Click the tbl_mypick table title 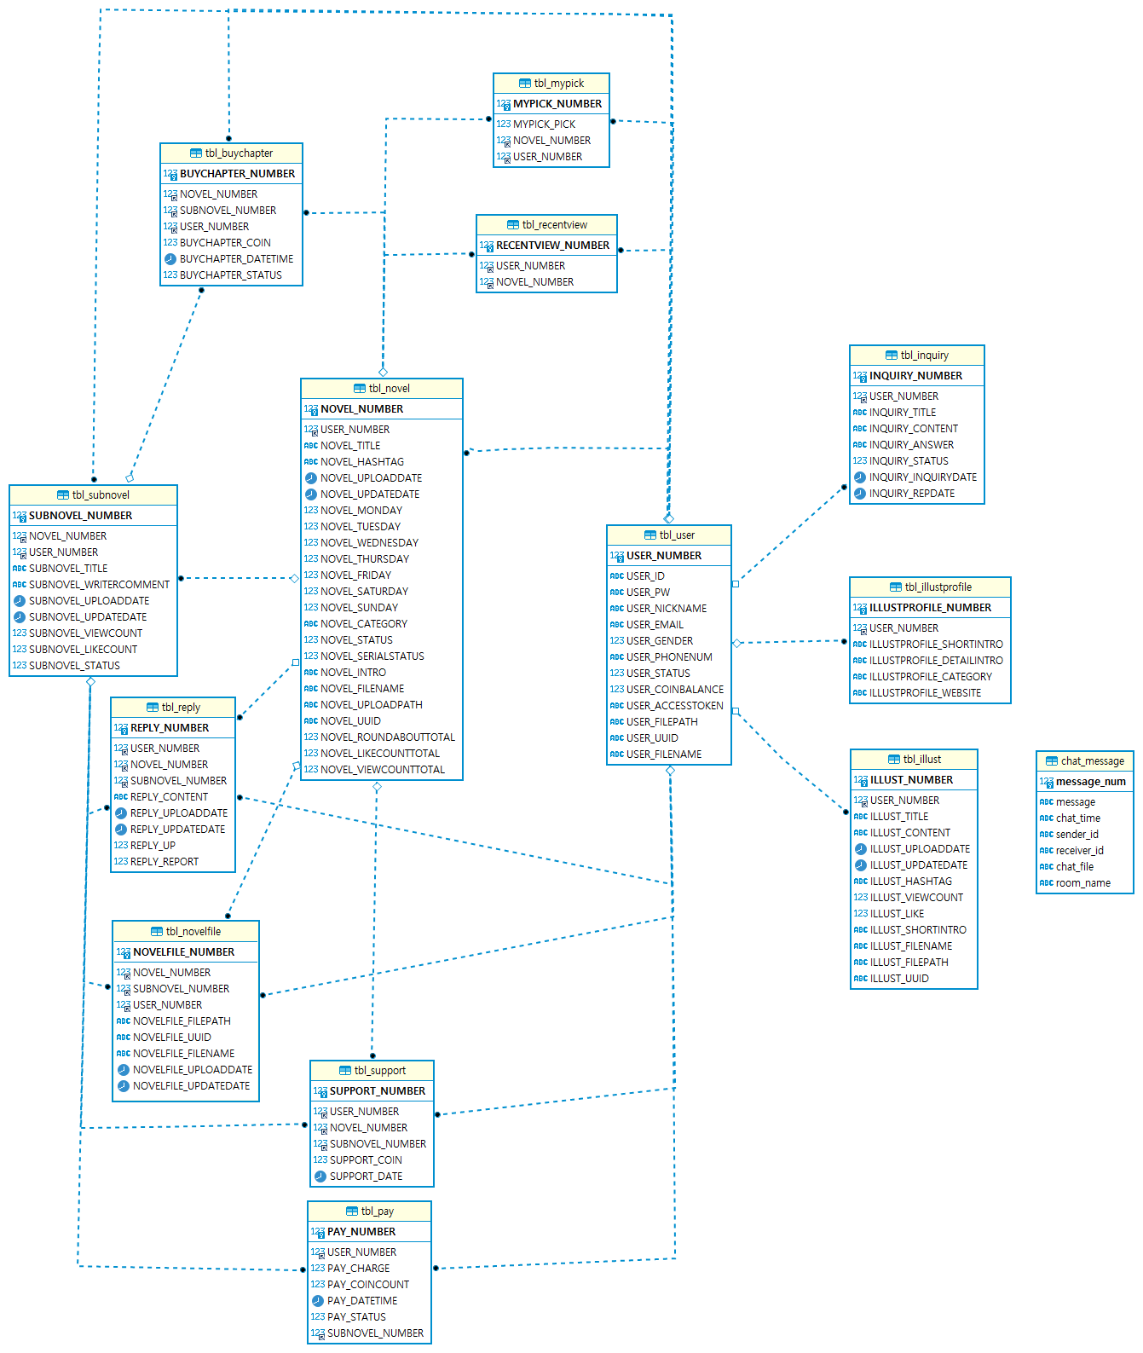(558, 84)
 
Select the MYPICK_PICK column (544, 124)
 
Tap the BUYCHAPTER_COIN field (225, 243)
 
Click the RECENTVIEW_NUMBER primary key (552, 246)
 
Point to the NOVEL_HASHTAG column (362, 462)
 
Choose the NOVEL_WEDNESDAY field (369, 543)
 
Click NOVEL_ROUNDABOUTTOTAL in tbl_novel (388, 737)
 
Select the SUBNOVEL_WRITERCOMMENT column (99, 585)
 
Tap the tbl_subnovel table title (101, 495)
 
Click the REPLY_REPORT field (165, 862)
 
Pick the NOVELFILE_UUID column (172, 1038)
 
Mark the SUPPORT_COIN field (366, 1160)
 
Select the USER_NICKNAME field (667, 609)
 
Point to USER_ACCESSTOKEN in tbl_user (674, 706)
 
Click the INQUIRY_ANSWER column (911, 445)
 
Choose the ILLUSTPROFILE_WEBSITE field (925, 693)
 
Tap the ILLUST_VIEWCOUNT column (916, 898)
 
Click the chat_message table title (1092, 761)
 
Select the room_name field (1082, 883)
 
